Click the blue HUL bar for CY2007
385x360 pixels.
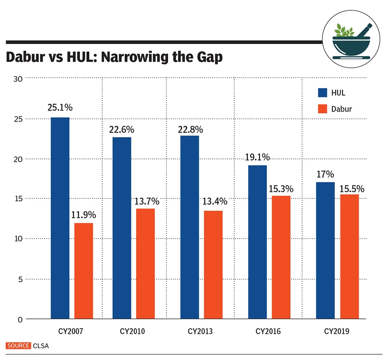point(60,218)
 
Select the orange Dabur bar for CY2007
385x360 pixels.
point(83,271)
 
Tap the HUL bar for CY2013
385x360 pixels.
point(190,227)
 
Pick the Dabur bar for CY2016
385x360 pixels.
point(281,257)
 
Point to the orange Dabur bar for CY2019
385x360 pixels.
point(349,257)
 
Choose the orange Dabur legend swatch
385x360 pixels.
point(322,109)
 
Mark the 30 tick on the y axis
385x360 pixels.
point(17,78)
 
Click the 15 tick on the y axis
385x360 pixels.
point(17,199)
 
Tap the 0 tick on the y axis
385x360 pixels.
point(19,319)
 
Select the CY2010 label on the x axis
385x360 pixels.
point(131,331)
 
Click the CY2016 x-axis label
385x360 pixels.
point(268,331)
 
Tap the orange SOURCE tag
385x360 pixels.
point(18,345)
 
